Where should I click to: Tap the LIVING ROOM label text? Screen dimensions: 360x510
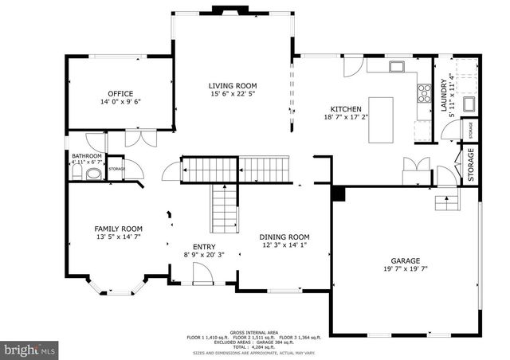tap(233, 85)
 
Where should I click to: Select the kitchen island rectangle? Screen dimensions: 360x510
tap(381, 119)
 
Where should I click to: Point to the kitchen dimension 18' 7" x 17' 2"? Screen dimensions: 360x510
tap(347, 117)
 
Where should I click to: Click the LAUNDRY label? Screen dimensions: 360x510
tap(443, 94)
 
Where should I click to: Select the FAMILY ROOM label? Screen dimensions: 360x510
tap(118, 227)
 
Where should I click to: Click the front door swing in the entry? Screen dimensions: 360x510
tap(202, 274)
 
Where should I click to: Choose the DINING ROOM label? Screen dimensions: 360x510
tap(284, 237)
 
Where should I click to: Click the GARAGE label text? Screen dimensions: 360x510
tap(405, 260)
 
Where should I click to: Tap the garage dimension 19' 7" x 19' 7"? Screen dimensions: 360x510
tap(405, 269)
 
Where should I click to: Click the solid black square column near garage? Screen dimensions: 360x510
tap(338, 194)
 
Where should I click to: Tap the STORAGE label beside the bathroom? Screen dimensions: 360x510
tap(117, 169)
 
